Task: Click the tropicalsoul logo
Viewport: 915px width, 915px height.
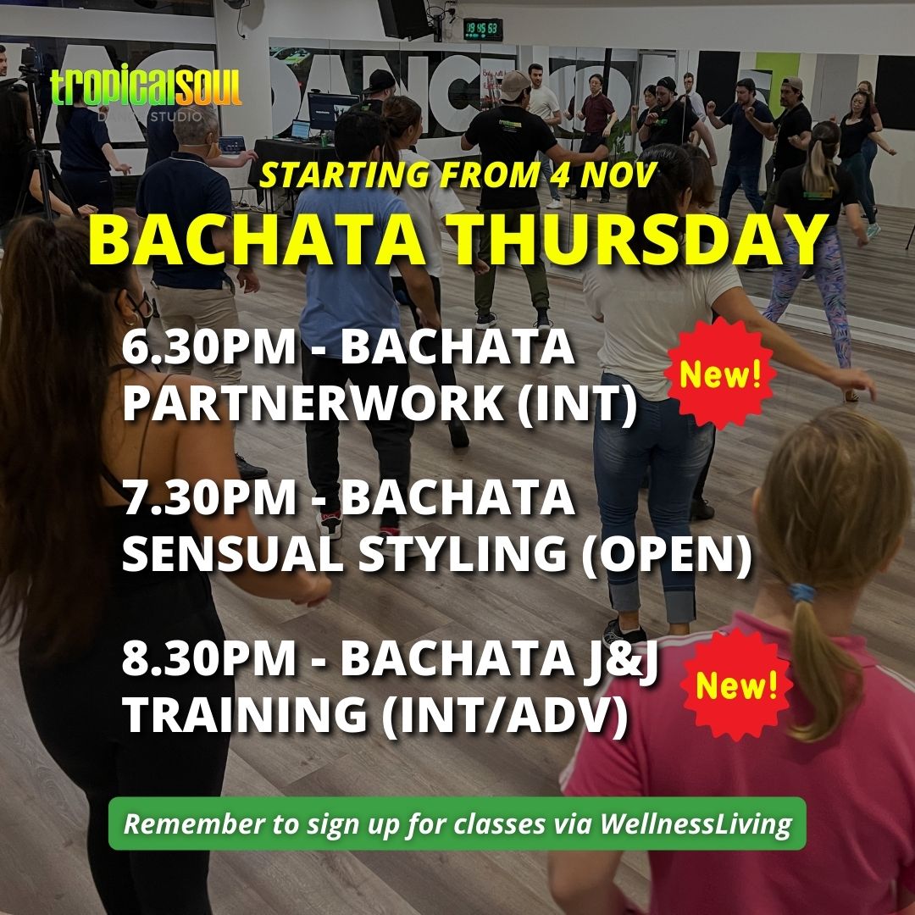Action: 146,92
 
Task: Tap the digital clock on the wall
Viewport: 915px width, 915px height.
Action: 483,29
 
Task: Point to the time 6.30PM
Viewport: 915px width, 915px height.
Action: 209,348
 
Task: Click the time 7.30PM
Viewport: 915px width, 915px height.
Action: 209,498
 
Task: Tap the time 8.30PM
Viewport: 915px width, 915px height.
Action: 209,659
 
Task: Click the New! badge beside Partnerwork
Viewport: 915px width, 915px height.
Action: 721,374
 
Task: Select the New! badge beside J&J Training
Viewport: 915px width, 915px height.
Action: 737,685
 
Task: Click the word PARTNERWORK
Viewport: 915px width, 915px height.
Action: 313,403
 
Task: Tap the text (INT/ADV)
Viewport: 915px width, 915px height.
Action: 505,715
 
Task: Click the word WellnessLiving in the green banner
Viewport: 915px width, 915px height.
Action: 696,824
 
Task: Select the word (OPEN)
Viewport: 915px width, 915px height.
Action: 667,554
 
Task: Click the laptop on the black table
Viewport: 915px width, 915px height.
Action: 300,130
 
